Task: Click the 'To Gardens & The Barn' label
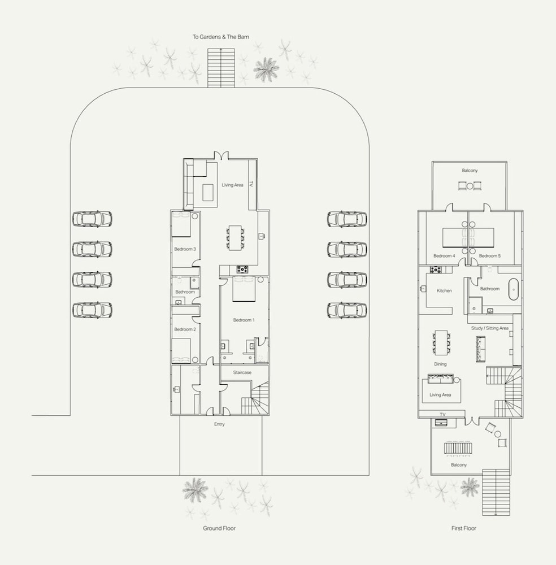pos(220,37)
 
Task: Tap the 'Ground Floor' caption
pos(219,528)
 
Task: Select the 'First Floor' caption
pos(464,528)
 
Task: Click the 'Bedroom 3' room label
pos(185,249)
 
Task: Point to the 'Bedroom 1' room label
pos(244,320)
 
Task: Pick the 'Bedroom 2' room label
pos(185,329)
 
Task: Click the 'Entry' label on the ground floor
pos(219,424)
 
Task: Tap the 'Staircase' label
pos(242,372)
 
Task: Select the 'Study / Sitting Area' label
pos(490,328)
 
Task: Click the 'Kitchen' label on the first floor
pos(444,290)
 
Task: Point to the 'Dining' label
pos(440,364)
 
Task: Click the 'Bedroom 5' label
pos(490,256)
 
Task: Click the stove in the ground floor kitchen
pos(242,269)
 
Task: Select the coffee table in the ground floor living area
pos(208,193)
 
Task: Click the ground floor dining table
pos(235,237)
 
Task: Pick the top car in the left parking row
pos(92,219)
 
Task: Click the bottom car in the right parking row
pos(347,310)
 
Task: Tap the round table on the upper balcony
pos(470,186)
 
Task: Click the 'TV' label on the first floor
pos(442,414)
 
